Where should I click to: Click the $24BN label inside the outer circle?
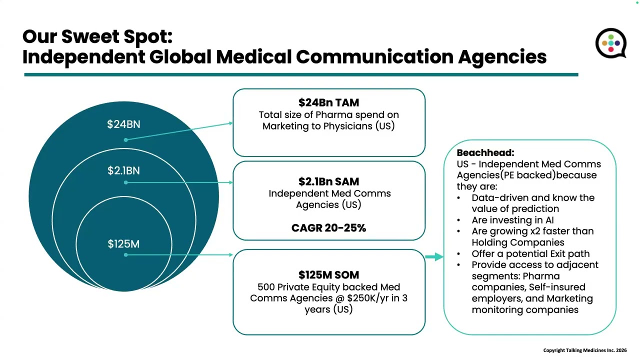point(123,124)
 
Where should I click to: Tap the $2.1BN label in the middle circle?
point(123,170)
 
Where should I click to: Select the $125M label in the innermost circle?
point(123,244)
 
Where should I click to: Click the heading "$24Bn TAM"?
point(328,102)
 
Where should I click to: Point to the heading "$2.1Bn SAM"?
point(328,181)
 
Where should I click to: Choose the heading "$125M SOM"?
point(328,275)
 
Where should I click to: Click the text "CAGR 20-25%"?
point(328,228)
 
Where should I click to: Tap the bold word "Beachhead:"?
point(485,153)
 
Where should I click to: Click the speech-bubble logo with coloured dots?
point(610,43)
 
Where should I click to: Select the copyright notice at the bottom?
point(584,350)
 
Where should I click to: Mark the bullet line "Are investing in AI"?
point(512,220)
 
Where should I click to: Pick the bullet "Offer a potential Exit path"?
point(523,253)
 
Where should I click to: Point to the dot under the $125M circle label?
point(125,255)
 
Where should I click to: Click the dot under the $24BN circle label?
point(125,140)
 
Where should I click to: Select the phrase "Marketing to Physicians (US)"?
point(328,126)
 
